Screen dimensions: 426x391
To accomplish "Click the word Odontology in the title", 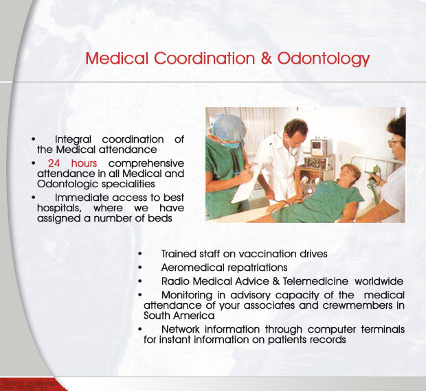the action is [324, 59].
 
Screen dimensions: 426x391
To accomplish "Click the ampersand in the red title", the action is [267, 58].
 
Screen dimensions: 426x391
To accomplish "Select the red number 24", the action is [54, 163].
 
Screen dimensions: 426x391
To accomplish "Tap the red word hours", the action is [84, 163].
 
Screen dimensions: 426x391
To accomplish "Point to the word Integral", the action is [73, 140].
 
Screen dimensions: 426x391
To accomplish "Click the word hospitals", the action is [59, 209].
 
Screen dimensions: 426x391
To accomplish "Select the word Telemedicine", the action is [315, 281].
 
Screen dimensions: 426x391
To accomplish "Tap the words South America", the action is [179, 316].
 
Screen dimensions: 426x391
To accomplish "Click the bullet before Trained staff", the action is [140, 254].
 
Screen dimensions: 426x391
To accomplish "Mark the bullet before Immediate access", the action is [34, 198].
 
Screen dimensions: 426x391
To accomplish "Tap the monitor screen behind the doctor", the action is [317, 145].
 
